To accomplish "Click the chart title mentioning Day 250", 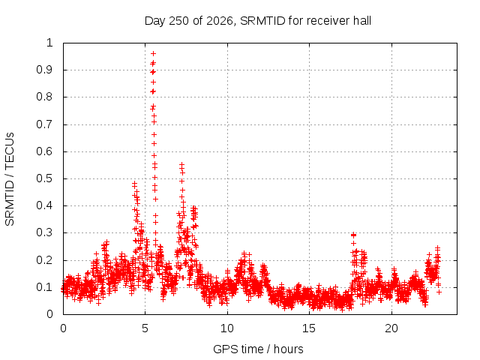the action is (x=258, y=21).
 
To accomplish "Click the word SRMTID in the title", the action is (x=262, y=21).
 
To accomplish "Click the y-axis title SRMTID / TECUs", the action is (x=10, y=179).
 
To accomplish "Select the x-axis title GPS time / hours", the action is (x=258, y=349).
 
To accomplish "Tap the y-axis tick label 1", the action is (x=49, y=43).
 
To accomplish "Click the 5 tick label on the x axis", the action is (x=145, y=328).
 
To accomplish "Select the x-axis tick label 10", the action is (x=227, y=328).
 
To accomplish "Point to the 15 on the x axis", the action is (x=309, y=328).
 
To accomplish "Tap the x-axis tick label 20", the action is (x=391, y=328).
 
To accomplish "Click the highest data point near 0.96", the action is (x=153, y=53).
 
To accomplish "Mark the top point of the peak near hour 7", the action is (x=181, y=165).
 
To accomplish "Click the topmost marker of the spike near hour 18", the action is (x=353, y=235).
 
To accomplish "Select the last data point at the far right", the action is (x=439, y=292).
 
